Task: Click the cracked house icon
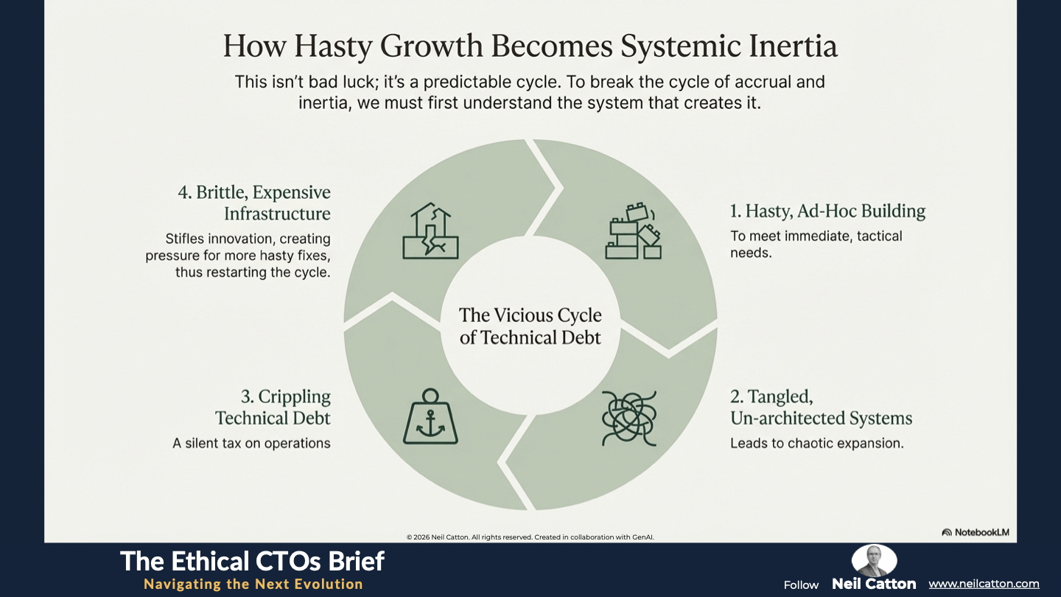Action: coord(430,231)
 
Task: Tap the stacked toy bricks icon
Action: coord(634,231)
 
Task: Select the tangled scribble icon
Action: coord(629,419)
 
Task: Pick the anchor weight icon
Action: coord(430,416)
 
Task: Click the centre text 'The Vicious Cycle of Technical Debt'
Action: coord(530,326)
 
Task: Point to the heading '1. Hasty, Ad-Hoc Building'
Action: coord(827,211)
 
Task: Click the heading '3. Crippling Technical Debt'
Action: coord(273,407)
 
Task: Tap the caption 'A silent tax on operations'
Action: coord(251,443)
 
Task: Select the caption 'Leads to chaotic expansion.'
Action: coord(816,443)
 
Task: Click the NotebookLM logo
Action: coord(976,532)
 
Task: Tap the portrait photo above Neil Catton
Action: coord(874,560)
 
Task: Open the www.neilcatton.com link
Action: coord(984,584)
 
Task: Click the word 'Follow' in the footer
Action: coord(801,585)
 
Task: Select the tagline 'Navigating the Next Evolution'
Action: coord(253,584)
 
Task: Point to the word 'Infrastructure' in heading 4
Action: coord(277,214)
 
